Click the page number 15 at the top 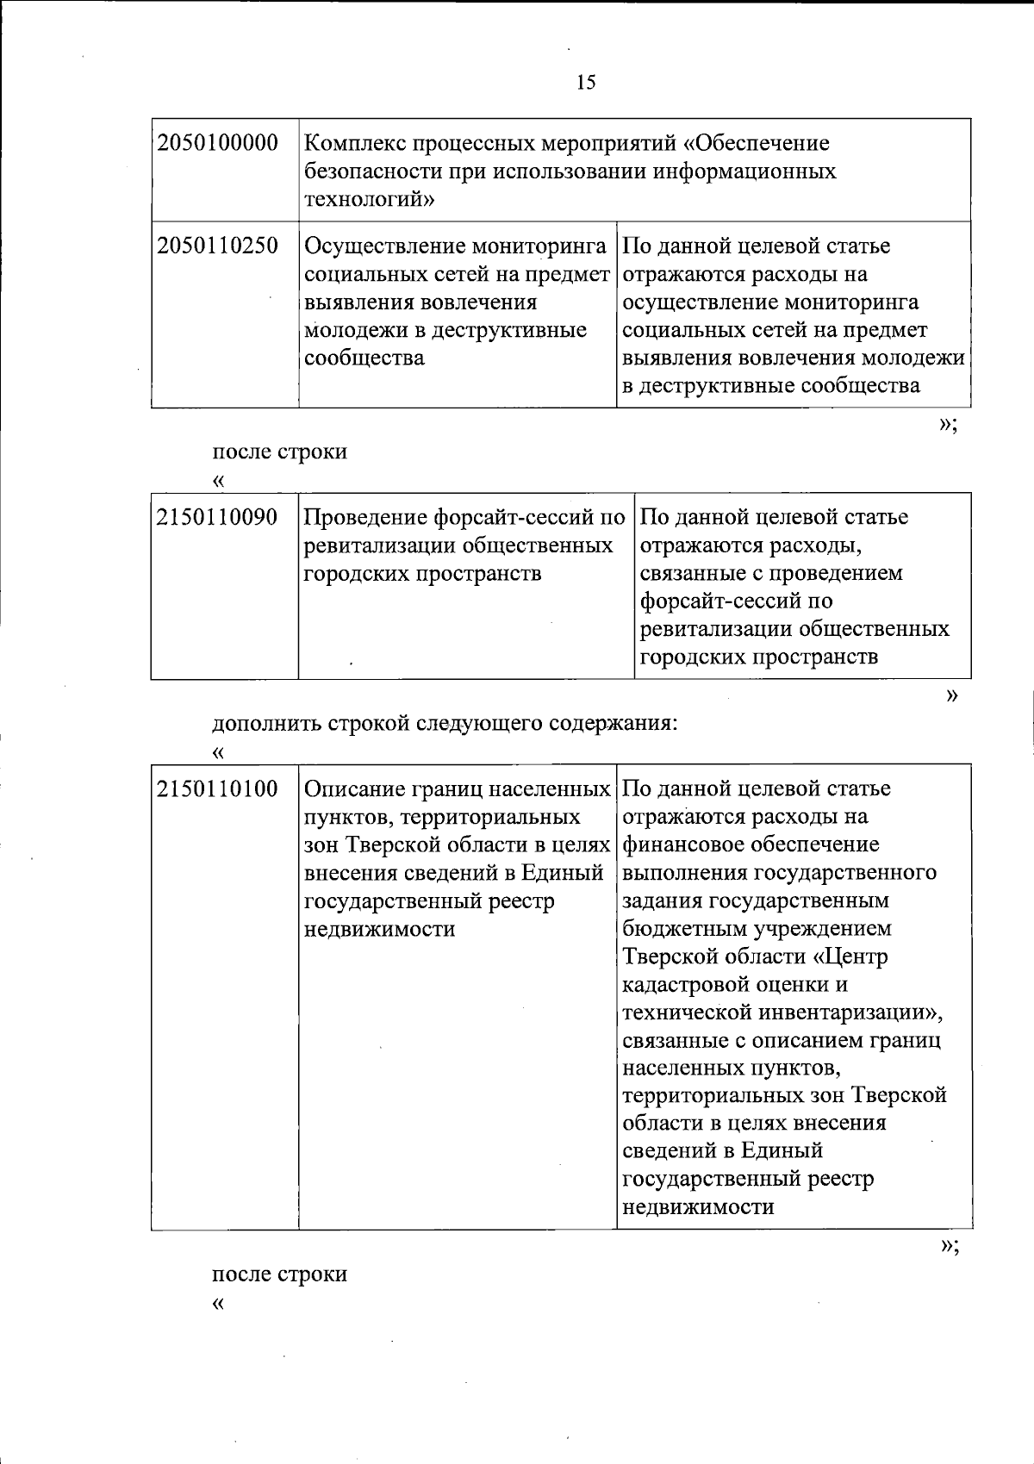[585, 83]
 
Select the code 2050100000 [218, 143]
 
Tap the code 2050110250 [218, 246]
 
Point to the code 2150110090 [218, 518]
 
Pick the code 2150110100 [218, 789]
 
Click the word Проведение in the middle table [365, 518]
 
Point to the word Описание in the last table [355, 789]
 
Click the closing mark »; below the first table [948, 424]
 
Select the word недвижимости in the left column [379, 930]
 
